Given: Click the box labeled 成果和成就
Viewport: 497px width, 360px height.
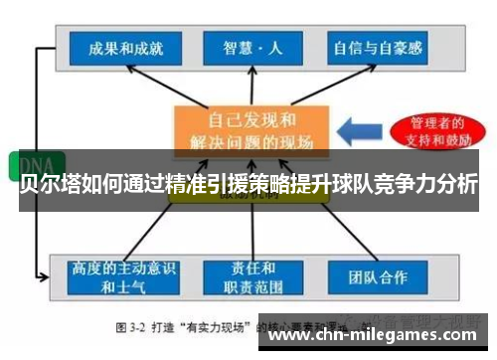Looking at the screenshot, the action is [125, 47].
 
